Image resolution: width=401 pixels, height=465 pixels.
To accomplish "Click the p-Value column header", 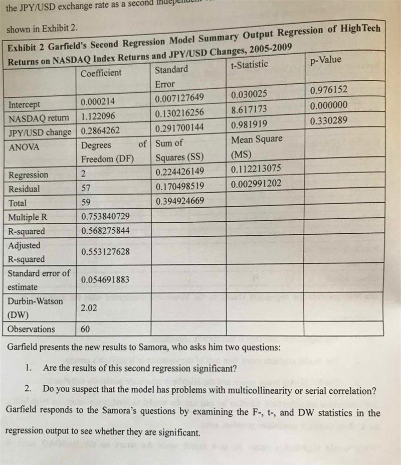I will click(x=326, y=60).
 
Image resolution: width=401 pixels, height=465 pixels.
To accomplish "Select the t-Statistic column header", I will click(x=249, y=64).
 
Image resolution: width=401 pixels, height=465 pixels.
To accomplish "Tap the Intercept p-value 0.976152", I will click(x=329, y=90).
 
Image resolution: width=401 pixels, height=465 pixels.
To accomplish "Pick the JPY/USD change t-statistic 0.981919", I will click(x=249, y=124).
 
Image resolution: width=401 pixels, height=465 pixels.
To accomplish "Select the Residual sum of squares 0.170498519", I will click(x=180, y=187).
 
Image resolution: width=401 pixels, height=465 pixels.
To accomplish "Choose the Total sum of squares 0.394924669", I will click(x=180, y=202).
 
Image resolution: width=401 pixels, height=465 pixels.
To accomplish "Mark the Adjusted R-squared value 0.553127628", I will click(x=105, y=251).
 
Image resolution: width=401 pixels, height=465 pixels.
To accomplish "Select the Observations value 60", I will click(x=86, y=329).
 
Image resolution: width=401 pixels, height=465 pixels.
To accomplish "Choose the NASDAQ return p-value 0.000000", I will click(x=329, y=106).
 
